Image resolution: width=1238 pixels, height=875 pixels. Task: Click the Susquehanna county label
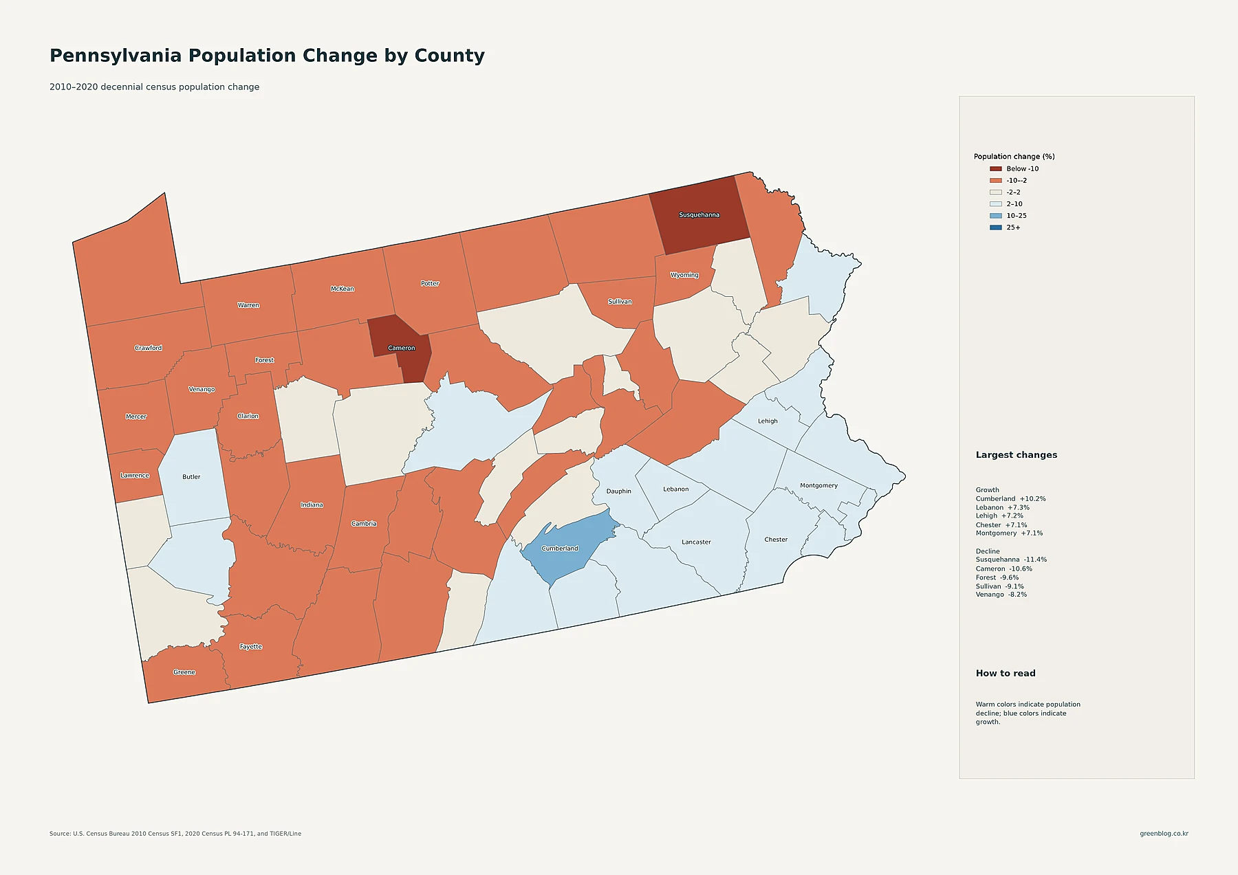pos(699,215)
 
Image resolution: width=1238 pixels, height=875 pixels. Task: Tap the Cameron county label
pos(402,348)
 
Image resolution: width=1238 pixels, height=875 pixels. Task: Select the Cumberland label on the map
pos(560,549)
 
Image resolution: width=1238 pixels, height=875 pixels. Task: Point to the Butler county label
pos(191,477)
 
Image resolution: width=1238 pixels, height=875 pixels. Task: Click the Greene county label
pos(184,672)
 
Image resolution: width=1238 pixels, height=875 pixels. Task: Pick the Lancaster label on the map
pos(696,542)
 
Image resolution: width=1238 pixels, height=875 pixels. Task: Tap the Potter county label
pos(430,283)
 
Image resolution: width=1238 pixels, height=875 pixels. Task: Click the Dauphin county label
pos(619,491)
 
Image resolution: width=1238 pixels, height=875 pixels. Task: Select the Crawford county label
pos(149,348)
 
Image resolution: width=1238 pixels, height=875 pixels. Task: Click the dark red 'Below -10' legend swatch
pos(995,168)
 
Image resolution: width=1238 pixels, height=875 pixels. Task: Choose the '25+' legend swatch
pos(995,228)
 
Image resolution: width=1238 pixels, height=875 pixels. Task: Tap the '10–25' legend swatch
pos(995,216)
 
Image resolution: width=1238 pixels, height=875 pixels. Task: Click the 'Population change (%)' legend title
pos(1014,157)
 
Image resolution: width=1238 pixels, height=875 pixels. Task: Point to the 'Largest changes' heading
pos(1017,455)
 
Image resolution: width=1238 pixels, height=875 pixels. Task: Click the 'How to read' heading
pos(1006,674)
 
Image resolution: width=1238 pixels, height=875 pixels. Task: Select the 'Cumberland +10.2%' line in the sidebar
pos(1010,499)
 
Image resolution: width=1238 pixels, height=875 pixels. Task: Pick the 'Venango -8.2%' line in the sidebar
pos(1001,595)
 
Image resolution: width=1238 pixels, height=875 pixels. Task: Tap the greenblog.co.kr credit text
pos(1164,834)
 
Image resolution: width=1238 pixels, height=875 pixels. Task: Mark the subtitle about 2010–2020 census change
pos(154,87)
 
